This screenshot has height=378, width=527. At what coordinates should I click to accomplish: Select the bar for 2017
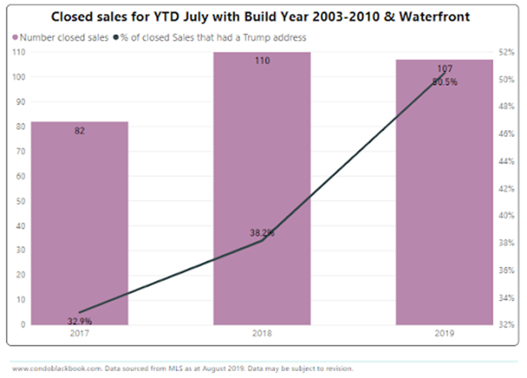click(80, 225)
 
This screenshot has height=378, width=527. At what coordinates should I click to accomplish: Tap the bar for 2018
click(262, 188)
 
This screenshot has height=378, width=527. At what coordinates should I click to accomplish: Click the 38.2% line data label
click(262, 233)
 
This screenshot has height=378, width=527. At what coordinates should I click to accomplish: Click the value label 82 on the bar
click(80, 131)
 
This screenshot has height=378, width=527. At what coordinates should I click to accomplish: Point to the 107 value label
click(444, 69)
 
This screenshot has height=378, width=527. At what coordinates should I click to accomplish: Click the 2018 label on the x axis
click(262, 333)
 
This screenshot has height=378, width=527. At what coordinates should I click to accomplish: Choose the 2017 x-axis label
click(80, 333)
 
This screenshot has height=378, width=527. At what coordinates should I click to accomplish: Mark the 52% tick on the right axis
click(505, 52)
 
